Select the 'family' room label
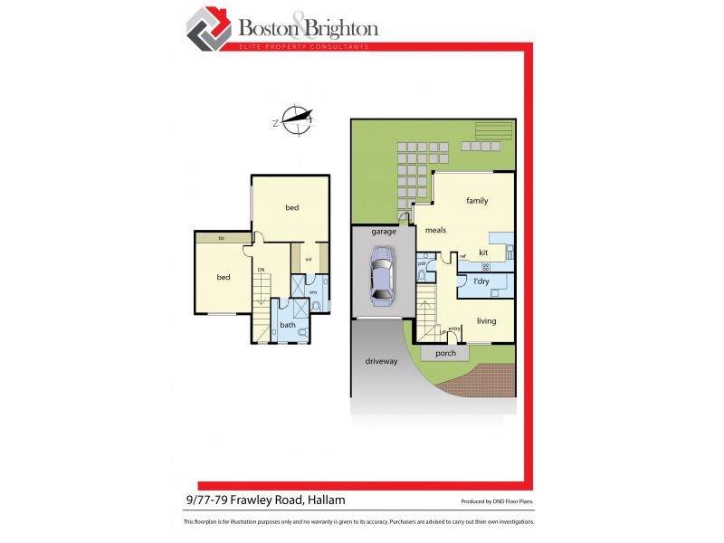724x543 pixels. pos(477,200)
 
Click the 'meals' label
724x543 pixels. pos(435,230)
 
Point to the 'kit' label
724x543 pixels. pos(483,252)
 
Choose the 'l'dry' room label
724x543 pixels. pos(481,282)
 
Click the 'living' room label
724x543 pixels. pos(486,320)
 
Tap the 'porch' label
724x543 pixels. pos(445,354)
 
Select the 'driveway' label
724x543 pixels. pos(381,361)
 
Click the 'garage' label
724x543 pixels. pos(384,232)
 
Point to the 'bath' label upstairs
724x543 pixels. pos(288,325)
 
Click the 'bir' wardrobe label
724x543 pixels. pos(221,238)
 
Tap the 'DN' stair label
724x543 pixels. pos(261,270)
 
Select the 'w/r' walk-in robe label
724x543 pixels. pos(309,260)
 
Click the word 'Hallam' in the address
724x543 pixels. pos(326,500)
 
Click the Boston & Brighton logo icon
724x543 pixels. pos(209,29)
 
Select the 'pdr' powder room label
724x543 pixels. pos(422,263)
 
